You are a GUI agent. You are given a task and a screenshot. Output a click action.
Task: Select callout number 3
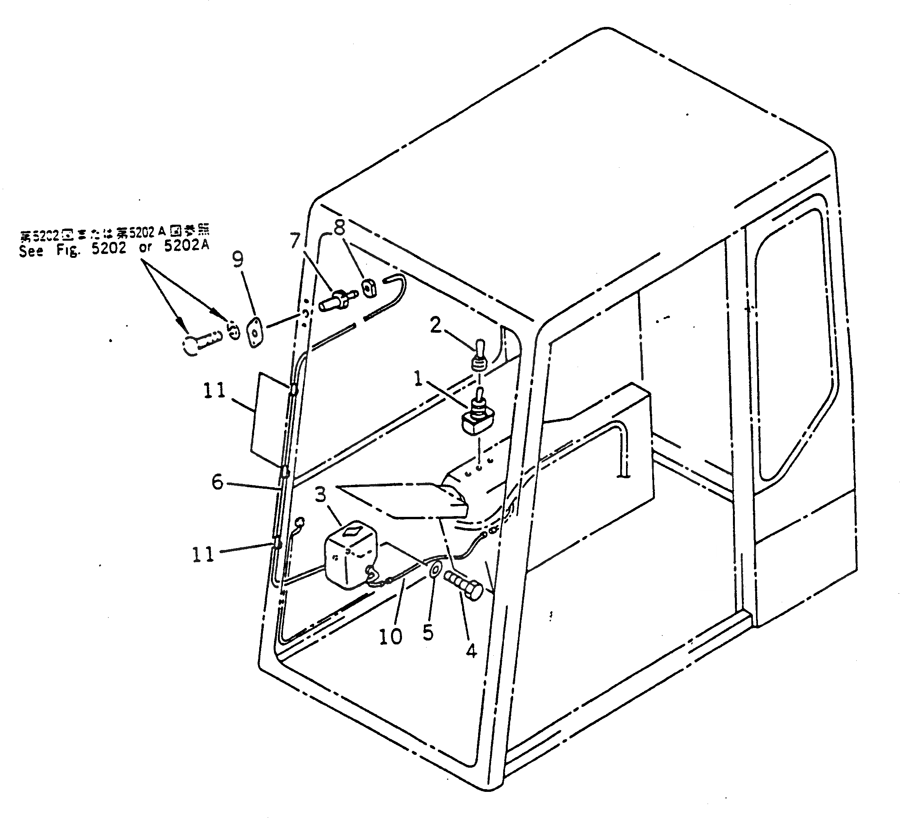pyautogui.click(x=320, y=495)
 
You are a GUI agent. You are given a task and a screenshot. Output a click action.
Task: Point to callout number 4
pyautogui.click(x=471, y=651)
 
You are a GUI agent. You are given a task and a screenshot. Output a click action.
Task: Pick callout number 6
pyautogui.click(x=217, y=482)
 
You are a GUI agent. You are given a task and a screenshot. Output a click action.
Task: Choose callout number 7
pyautogui.click(x=295, y=241)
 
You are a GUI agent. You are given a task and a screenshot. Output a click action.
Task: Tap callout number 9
pyautogui.click(x=238, y=259)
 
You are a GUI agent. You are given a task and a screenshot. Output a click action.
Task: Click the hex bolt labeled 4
pyautogui.click(x=464, y=585)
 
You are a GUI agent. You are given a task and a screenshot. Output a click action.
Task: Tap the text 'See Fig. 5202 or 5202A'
pyautogui.click(x=114, y=248)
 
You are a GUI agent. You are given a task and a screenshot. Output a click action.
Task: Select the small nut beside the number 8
pyautogui.click(x=369, y=288)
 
